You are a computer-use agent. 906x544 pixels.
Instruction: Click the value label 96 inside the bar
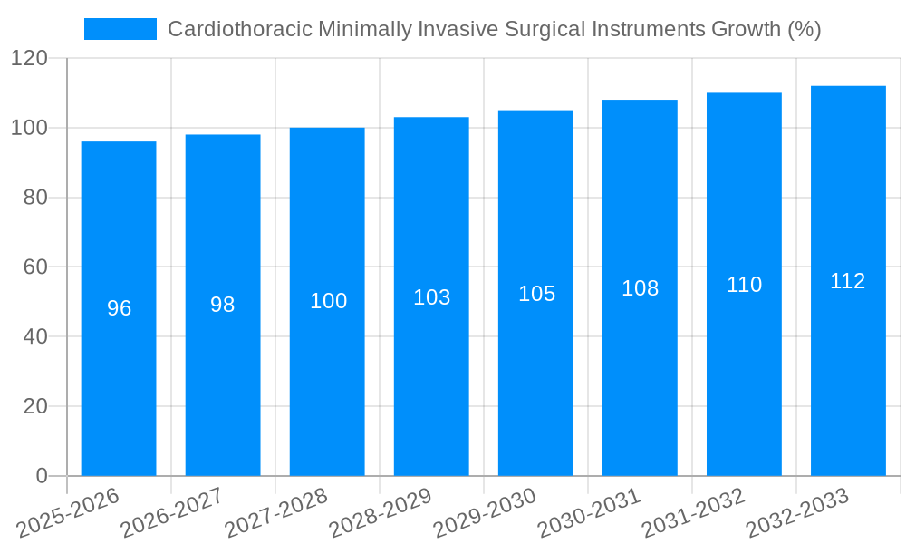pyautogui.click(x=119, y=308)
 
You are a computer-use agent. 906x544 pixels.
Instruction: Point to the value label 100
pyautogui.click(x=328, y=301)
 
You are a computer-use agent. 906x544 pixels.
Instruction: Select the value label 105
pyautogui.click(x=536, y=294)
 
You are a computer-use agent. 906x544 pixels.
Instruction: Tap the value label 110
pyautogui.click(x=744, y=285)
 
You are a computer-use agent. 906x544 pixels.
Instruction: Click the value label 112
pyautogui.click(x=848, y=281)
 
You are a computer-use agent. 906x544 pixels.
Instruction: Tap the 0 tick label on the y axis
pyautogui.click(x=41, y=476)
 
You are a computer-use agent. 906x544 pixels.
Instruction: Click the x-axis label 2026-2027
pyautogui.click(x=170, y=513)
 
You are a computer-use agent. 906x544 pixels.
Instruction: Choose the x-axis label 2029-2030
pyautogui.click(x=484, y=513)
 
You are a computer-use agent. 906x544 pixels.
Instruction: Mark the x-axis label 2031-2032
pyautogui.click(x=692, y=513)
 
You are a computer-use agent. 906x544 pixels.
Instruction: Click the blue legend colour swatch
pyautogui.click(x=120, y=29)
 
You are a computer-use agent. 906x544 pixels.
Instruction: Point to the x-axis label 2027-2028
pyautogui.click(x=275, y=513)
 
